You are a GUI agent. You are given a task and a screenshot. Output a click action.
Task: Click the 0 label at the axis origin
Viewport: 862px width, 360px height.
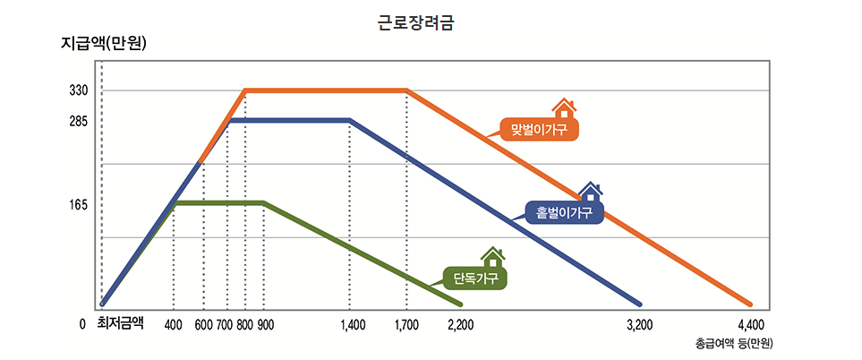82,324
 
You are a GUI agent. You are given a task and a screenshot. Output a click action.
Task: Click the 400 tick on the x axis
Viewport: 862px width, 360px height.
174,324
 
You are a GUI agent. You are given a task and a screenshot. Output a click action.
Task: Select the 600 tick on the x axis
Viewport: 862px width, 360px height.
203,324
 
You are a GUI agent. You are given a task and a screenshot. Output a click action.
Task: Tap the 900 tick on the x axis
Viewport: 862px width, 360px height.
265,324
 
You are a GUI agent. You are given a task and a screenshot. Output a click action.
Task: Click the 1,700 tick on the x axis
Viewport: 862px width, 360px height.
406,324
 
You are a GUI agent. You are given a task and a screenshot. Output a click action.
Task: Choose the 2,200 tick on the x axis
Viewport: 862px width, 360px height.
460,324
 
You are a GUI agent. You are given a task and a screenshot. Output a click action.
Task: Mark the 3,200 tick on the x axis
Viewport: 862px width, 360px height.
639,324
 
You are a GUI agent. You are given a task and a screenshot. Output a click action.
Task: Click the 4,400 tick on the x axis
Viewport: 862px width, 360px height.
750,324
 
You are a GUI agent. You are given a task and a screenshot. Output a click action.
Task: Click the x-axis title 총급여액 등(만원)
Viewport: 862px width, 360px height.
733,344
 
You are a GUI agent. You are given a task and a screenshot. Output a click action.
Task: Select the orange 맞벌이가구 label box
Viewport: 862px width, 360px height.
541,131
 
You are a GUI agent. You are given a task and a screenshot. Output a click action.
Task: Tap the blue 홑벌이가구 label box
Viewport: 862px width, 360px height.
564,212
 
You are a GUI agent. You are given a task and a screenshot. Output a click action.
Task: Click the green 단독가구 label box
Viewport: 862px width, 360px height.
474,279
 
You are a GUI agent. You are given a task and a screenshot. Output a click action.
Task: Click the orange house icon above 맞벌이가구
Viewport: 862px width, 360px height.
564,108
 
